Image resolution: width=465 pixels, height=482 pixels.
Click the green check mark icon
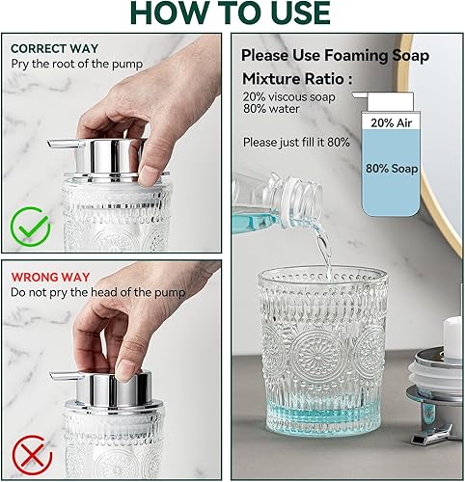click(x=32, y=228)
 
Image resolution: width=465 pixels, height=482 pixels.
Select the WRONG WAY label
click(x=46, y=275)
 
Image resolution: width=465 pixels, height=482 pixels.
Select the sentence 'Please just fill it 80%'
click(x=296, y=142)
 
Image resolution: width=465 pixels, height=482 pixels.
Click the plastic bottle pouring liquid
click(x=279, y=202)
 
